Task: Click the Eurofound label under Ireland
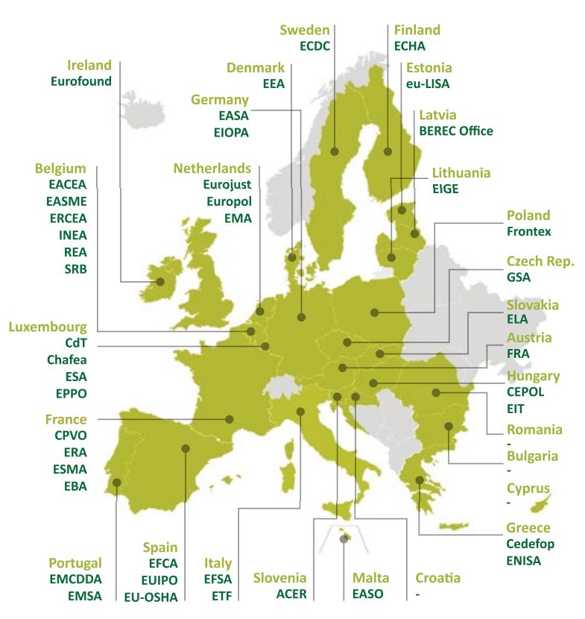[81, 81]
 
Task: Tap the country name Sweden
[304, 30]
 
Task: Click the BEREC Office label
[456, 131]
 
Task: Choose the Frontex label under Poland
[529, 232]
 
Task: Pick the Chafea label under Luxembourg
[67, 359]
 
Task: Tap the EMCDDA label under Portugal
[75, 579]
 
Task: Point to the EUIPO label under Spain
[158, 579]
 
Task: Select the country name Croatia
[438, 578]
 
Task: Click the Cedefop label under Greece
[531, 544]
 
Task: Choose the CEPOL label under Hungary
[525, 392]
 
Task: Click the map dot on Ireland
[159, 282]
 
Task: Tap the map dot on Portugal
[116, 483]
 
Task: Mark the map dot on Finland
[388, 152]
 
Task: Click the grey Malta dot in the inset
[343, 538]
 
